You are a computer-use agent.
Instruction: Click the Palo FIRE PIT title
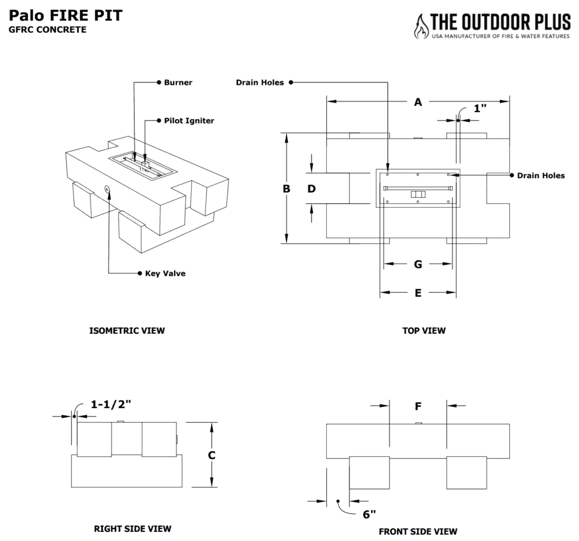click(x=66, y=15)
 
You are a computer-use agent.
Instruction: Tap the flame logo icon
click(x=421, y=27)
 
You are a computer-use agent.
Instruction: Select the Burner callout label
click(x=178, y=83)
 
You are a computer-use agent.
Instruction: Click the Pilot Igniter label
click(x=189, y=121)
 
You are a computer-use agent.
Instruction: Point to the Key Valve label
click(x=165, y=273)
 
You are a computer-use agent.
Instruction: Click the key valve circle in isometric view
click(x=107, y=189)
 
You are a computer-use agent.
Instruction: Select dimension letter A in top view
click(x=418, y=102)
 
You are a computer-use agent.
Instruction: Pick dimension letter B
click(x=287, y=189)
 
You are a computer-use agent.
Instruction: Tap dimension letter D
click(x=312, y=189)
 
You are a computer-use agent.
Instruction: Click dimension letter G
click(x=418, y=264)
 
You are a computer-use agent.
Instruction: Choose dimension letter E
click(x=418, y=293)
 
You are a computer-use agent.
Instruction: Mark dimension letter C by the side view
click(x=211, y=456)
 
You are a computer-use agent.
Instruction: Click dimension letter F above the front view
click(x=418, y=406)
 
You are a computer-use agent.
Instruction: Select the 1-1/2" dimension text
click(x=111, y=404)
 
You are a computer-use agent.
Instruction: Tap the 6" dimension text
click(x=369, y=514)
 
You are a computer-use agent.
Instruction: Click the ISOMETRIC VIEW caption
click(x=127, y=330)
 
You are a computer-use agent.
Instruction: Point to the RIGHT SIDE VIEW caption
click(x=132, y=529)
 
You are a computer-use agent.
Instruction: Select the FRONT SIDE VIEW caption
click(x=418, y=532)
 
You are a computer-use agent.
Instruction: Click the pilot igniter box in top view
click(x=418, y=194)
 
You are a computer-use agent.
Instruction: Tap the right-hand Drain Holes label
click(x=541, y=175)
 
